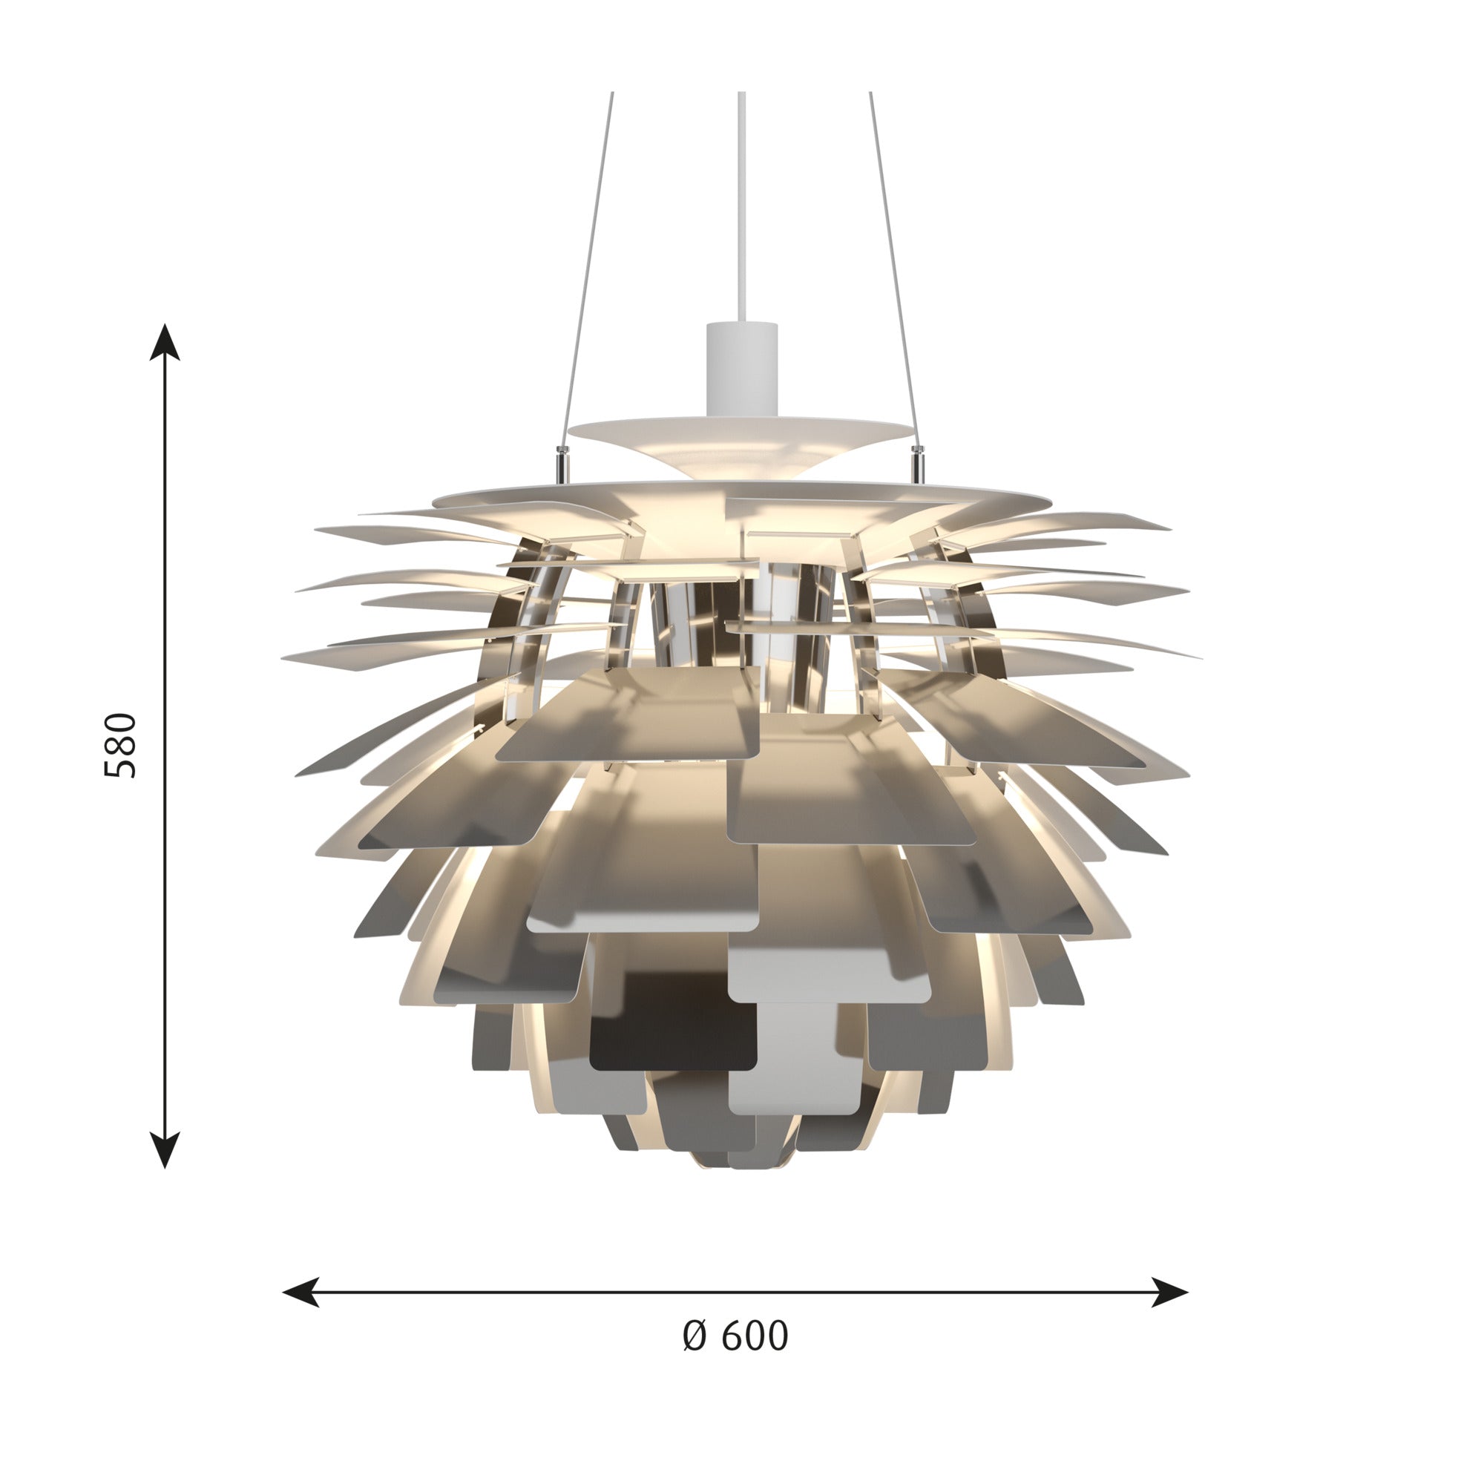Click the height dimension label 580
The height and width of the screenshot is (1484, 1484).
(x=121, y=745)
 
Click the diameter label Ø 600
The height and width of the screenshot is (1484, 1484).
(x=735, y=1336)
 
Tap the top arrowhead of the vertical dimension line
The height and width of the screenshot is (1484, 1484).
(x=165, y=342)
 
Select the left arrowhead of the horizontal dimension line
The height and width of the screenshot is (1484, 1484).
(x=301, y=1292)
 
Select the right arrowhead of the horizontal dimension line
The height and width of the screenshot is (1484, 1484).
(x=1170, y=1292)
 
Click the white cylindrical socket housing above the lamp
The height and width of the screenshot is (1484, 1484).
(x=741, y=370)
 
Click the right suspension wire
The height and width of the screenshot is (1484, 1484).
(x=893, y=269)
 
